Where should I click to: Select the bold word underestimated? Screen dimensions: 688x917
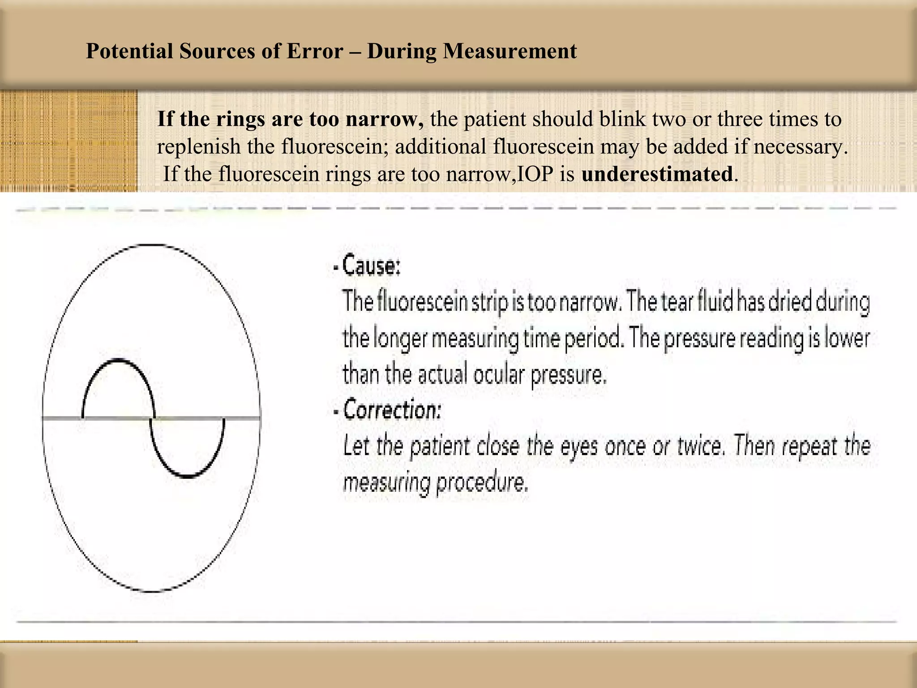click(657, 174)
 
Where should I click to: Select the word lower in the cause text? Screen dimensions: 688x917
click(848, 338)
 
